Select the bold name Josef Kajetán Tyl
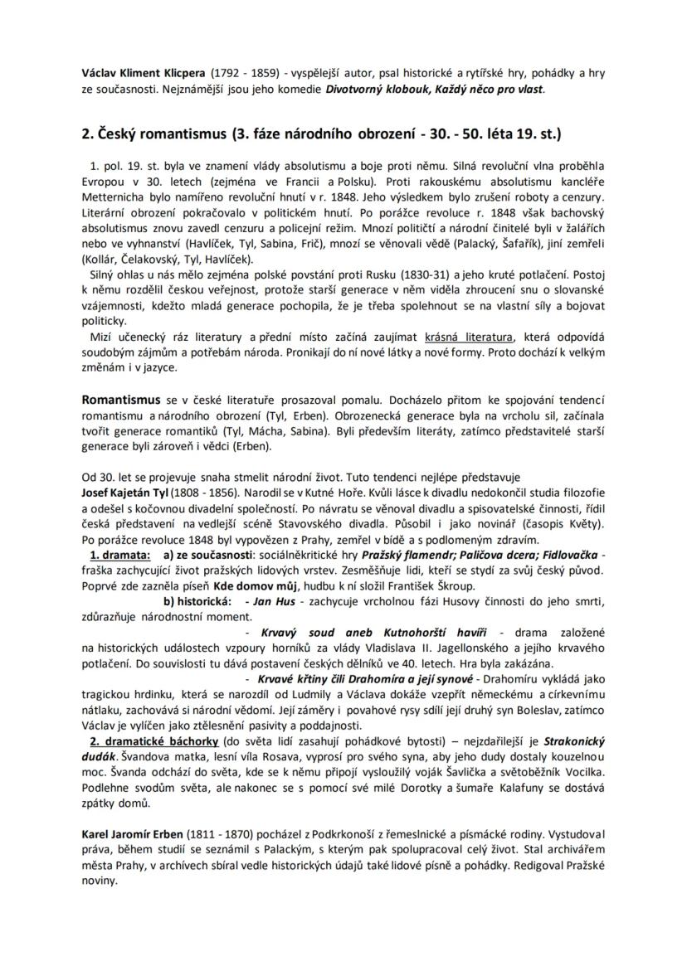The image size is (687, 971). [x=124, y=493]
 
